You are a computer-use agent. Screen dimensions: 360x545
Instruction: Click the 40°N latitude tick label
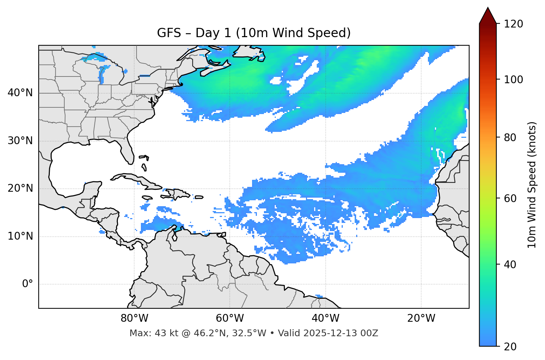pyautogui.click(x=20, y=93)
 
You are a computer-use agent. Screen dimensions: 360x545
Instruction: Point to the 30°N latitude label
pyautogui.click(x=20, y=141)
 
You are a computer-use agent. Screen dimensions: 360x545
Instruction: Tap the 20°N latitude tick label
pyautogui.click(x=20, y=188)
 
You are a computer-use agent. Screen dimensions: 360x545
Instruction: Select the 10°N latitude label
pyautogui.click(x=20, y=236)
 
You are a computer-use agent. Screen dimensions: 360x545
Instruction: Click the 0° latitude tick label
pyautogui.click(x=28, y=284)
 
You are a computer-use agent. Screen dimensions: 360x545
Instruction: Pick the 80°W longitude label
pyautogui.click(x=134, y=318)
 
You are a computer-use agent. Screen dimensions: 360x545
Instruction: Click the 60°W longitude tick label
pyautogui.click(x=230, y=318)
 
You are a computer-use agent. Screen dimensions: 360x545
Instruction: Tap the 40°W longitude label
pyautogui.click(x=325, y=318)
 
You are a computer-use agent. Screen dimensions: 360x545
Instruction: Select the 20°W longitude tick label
pyautogui.click(x=421, y=318)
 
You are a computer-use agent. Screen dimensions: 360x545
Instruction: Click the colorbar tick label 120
pyautogui.click(x=513, y=24)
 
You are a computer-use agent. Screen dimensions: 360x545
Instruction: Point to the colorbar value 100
pyautogui.click(x=513, y=80)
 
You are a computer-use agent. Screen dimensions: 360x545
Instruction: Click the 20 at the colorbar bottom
pyautogui.click(x=510, y=347)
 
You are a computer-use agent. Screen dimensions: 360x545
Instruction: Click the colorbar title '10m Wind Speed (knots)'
pyautogui.click(x=532, y=185)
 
